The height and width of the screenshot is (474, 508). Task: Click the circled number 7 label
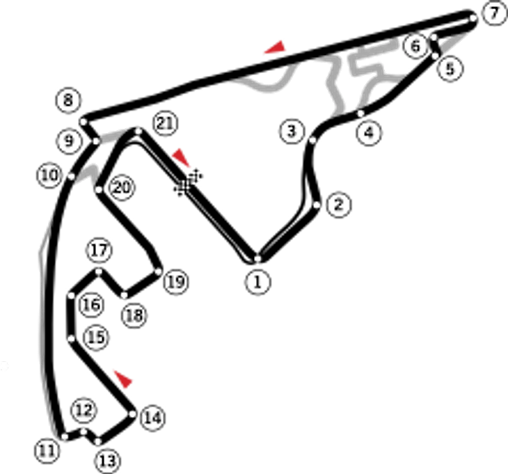click(494, 14)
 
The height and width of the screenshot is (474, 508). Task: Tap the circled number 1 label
click(258, 282)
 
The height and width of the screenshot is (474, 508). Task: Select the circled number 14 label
click(152, 418)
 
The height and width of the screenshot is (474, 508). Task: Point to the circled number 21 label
click(166, 123)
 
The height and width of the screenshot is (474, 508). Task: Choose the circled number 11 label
click(47, 450)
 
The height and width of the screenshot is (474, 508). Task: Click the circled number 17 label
click(99, 250)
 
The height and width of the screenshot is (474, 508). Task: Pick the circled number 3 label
click(292, 131)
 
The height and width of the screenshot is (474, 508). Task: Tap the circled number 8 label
click(68, 100)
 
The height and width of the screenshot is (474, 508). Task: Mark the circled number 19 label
click(177, 282)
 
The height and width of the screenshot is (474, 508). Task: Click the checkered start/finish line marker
click(188, 183)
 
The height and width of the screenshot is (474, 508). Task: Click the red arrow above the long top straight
click(276, 47)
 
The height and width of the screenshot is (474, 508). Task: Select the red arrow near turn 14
click(123, 379)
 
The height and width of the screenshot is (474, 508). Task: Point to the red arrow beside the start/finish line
click(181, 157)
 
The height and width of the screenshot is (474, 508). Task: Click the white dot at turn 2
click(317, 205)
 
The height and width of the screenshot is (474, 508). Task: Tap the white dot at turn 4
click(360, 113)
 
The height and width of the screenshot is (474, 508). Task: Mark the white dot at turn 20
click(99, 189)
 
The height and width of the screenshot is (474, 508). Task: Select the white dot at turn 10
click(72, 177)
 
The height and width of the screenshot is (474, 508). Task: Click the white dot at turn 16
click(71, 296)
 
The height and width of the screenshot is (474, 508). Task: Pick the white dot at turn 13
click(97, 441)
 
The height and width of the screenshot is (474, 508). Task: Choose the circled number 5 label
click(450, 69)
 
